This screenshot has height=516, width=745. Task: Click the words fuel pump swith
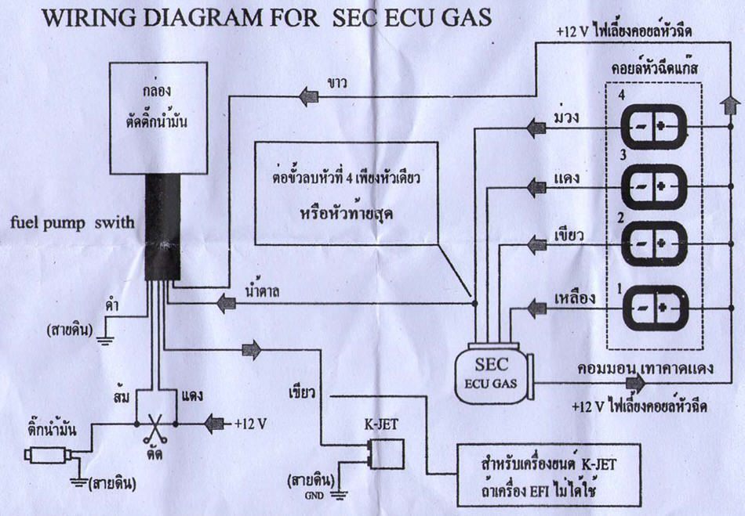coord(72,222)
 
